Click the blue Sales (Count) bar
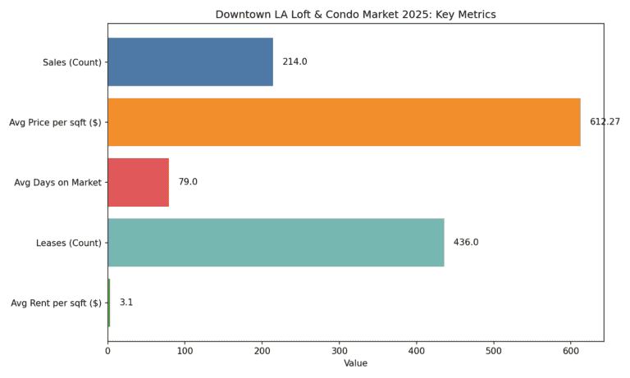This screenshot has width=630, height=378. tap(190, 61)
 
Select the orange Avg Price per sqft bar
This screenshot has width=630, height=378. tap(344, 122)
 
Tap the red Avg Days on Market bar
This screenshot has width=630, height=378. tap(138, 182)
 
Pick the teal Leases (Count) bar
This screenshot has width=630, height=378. tap(276, 242)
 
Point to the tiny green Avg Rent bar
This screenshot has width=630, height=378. tap(108, 303)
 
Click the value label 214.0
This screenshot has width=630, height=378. tap(294, 61)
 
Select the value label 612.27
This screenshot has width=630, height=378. tap(605, 122)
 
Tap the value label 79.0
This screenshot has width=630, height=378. tap(188, 182)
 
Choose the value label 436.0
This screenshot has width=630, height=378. tap(466, 242)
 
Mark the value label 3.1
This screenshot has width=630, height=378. tap(126, 303)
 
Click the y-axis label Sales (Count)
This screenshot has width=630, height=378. tap(72, 62)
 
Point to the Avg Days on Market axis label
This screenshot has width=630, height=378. tap(57, 182)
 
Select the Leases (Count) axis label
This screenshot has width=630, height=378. tap(69, 243)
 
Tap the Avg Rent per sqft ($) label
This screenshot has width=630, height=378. tap(56, 303)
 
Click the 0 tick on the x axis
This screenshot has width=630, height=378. tap(107, 351)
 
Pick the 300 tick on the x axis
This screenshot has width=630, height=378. tap(340, 351)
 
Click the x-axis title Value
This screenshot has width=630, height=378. tap(355, 363)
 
